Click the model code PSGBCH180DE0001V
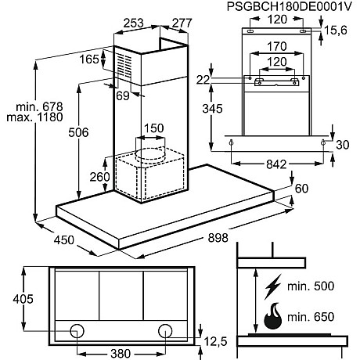click(290, 6)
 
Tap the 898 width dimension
click(218, 238)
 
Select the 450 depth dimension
click(64, 240)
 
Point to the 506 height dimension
click(78, 132)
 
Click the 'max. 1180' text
click(34, 117)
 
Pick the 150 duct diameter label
click(154, 128)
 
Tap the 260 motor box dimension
click(100, 177)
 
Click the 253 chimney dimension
click(134, 23)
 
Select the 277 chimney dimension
click(182, 23)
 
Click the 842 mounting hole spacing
click(276, 164)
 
